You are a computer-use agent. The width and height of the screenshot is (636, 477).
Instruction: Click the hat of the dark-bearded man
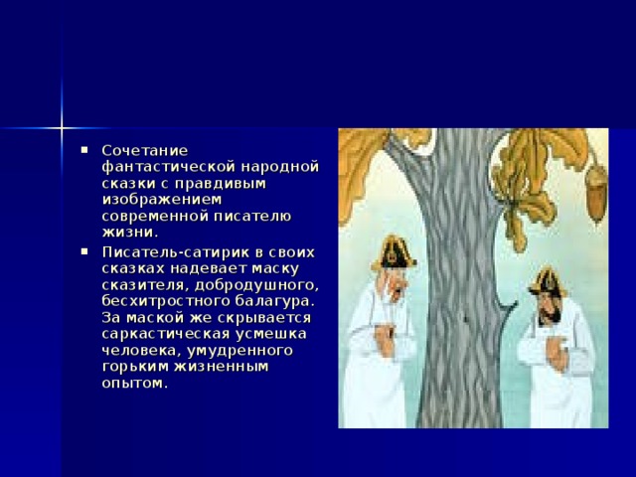point(546,279)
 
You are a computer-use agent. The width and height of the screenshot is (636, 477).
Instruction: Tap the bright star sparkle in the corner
point(61,127)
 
